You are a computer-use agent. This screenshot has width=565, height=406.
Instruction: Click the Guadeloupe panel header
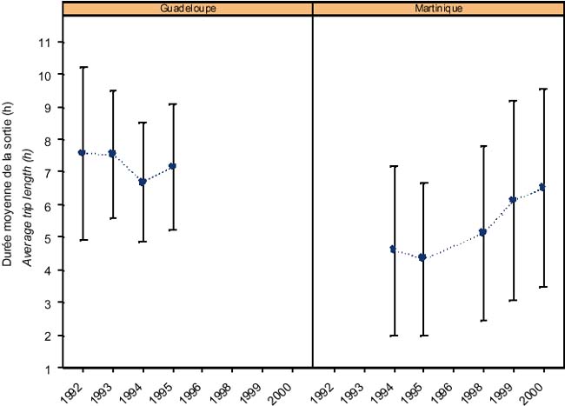coord(188,8)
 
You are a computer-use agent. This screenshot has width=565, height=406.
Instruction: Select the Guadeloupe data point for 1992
coord(82,152)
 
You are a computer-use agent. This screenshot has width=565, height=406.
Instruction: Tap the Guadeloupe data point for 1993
coord(112,154)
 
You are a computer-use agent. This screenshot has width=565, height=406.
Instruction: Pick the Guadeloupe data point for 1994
coord(143,182)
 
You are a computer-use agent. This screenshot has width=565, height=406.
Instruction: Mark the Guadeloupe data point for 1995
coord(173,166)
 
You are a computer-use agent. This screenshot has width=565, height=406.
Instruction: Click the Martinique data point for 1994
coord(394,250)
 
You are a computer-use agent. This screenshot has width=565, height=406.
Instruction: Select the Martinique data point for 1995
coord(423,257)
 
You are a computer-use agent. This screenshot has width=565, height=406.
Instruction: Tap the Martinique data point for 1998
coord(483,232)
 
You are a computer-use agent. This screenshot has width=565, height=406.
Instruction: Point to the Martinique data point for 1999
coord(513,200)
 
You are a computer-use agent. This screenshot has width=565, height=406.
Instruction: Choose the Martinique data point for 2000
coord(543,187)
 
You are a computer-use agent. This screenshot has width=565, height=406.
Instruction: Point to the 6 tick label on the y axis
coord(55,205)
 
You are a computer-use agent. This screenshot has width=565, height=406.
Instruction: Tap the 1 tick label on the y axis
coord(55,368)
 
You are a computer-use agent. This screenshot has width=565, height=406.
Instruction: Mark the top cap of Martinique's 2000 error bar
coord(543,89)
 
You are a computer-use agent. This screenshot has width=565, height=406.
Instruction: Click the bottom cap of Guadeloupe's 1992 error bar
coord(82,240)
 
